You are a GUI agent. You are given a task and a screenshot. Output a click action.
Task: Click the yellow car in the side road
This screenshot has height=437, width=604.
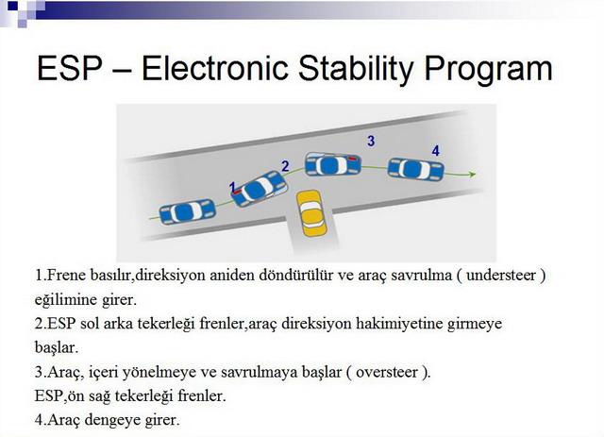click(x=311, y=213)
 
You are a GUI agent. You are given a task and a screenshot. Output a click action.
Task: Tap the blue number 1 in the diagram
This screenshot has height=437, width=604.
click(x=232, y=187)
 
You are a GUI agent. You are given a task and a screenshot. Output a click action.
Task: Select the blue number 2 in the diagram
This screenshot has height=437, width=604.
click(x=285, y=166)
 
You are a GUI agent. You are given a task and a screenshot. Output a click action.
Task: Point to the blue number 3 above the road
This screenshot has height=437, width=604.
click(x=371, y=141)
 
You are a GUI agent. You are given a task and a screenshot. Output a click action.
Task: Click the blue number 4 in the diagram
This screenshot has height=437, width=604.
click(x=436, y=150)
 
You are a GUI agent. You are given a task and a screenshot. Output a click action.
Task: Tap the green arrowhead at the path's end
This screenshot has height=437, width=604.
click(x=473, y=175)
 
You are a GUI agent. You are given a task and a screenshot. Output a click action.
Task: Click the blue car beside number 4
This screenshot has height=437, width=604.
click(x=415, y=169)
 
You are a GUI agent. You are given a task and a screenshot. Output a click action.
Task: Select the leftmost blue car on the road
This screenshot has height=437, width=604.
click(x=187, y=211)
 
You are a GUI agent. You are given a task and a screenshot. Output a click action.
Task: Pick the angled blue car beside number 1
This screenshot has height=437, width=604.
click(x=260, y=189)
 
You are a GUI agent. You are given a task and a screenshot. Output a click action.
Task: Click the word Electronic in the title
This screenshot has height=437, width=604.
click(x=215, y=68)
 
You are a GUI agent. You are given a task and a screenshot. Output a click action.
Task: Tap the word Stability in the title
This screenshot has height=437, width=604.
click(x=357, y=69)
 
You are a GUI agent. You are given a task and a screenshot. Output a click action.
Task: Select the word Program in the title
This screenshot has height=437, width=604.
click(x=489, y=69)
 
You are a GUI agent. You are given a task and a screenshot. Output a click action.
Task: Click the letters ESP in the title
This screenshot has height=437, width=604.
click(x=70, y=68)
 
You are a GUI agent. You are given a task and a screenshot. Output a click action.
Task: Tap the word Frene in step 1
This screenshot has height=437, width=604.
click(x=66, y=276)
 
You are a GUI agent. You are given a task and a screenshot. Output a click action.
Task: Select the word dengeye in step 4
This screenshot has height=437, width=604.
click(x=112, y=420)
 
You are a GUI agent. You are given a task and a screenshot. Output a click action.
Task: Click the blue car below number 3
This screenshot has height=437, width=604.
click(x=333, y=164)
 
